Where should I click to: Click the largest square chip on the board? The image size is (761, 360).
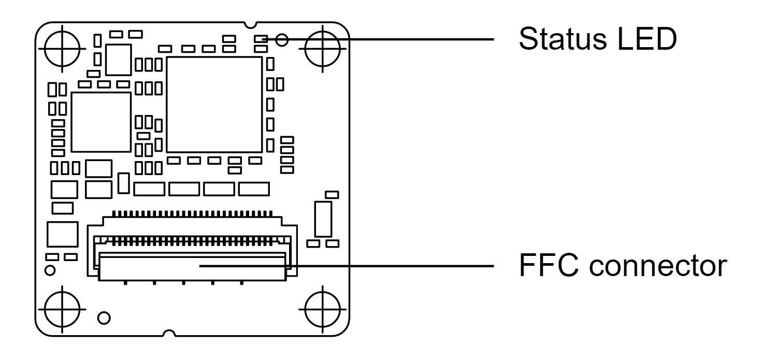coord(214,105)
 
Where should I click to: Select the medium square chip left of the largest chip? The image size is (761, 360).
coord(100,122)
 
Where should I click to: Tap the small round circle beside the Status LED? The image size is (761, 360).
coord(282,39)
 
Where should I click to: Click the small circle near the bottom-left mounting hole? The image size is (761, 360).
coord(103,316)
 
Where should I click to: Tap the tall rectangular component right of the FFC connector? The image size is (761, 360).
coord(322,219)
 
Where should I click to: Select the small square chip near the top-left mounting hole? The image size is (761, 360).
coord(118,60)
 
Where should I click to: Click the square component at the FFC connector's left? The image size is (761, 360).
coord(62,235)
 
